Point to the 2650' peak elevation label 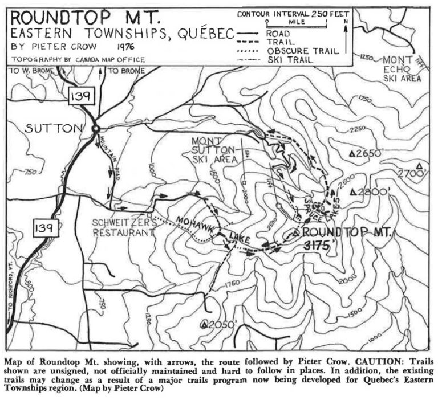pos(371,153)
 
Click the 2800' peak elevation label pos(371,192)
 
